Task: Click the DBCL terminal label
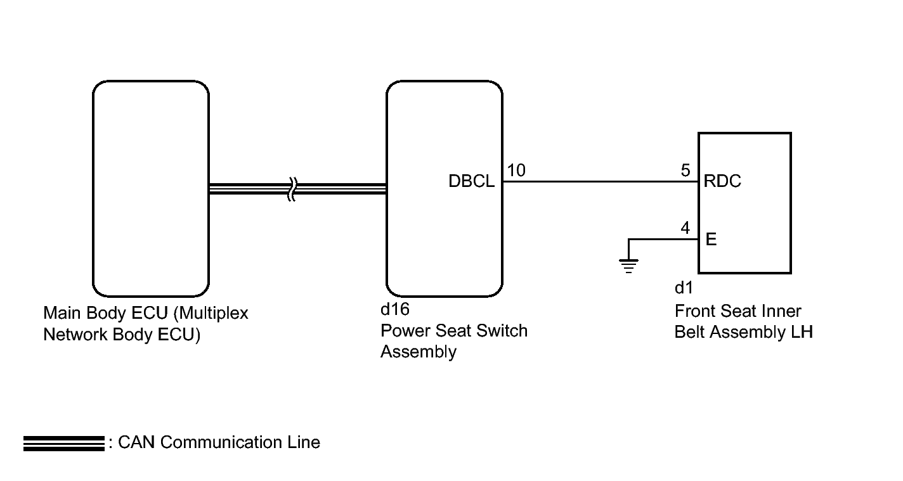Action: click(x=471, y=181)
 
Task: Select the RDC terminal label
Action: click(x=722, y=181)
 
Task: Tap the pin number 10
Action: click(x=516, y=170)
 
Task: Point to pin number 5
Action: click(x=685, y=170)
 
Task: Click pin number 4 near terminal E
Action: click(x=685, y=228)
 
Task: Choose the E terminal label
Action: click(x=711, y=240)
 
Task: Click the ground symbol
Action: click(x=628, y=266)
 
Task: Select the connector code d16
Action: click(x=395, y=309)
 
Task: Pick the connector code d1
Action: click(x=684, y=288)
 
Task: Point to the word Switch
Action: click(x=502, y=331)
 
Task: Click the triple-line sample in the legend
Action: click(x=63, y=444)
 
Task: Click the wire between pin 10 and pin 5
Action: click(x=601, y=182)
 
